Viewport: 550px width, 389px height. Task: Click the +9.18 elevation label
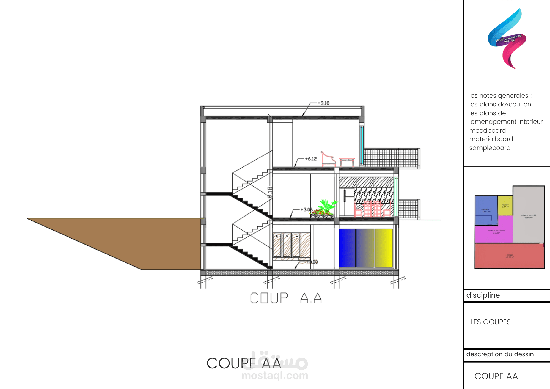[x=323, y=103]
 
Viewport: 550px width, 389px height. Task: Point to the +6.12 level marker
[x=311, y=159]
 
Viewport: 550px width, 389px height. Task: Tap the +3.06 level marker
[x=306, y=209]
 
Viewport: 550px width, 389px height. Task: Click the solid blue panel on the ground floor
[x=347, y=248]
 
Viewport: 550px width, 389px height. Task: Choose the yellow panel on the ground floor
[x=383, y=248]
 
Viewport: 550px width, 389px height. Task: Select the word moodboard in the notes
[x=487, y=130]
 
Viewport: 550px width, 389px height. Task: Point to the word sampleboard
[x=490, y=148]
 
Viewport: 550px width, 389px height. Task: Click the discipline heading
[x=483, y=295]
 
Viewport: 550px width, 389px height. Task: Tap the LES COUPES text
[x=490, y=322]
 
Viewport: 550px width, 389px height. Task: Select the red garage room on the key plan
[x=509, y=256]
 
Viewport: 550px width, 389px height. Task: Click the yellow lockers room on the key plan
[x=505, y=205]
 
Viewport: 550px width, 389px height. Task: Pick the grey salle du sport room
[x=528, y=215]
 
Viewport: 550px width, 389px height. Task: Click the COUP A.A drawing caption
[x=286, y=298]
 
